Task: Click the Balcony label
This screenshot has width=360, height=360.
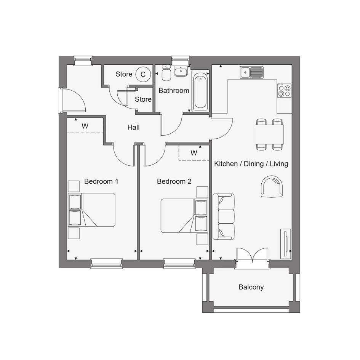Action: tap(251, 287)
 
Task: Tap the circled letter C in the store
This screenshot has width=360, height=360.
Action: tap(143, 74)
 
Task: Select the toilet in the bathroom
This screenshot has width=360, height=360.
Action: tap(166, 72)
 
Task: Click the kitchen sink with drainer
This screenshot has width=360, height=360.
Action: tap(252, 72)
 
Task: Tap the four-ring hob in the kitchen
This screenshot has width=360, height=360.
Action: tap(284, 90)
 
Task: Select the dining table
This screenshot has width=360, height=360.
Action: tap(269, 134)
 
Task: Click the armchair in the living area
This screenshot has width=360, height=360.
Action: tap(272, 186)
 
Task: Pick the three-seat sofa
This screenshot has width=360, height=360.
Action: tap(224, 216)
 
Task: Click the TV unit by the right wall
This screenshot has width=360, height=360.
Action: tap(286, 243)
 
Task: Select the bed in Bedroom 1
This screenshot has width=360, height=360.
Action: tap(91, 210)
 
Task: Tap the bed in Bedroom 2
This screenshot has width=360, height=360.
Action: tap(184, 216)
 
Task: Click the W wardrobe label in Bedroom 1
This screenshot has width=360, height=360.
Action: tap(85, 126)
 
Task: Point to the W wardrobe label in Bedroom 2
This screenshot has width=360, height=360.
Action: tap(194, 153)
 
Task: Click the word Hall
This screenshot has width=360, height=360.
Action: tap(133, 127)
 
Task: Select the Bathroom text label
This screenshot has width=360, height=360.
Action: tap(174, 90)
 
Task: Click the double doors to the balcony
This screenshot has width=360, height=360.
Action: tap(252, 255)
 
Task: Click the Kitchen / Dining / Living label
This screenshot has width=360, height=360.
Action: tap(251, 164)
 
